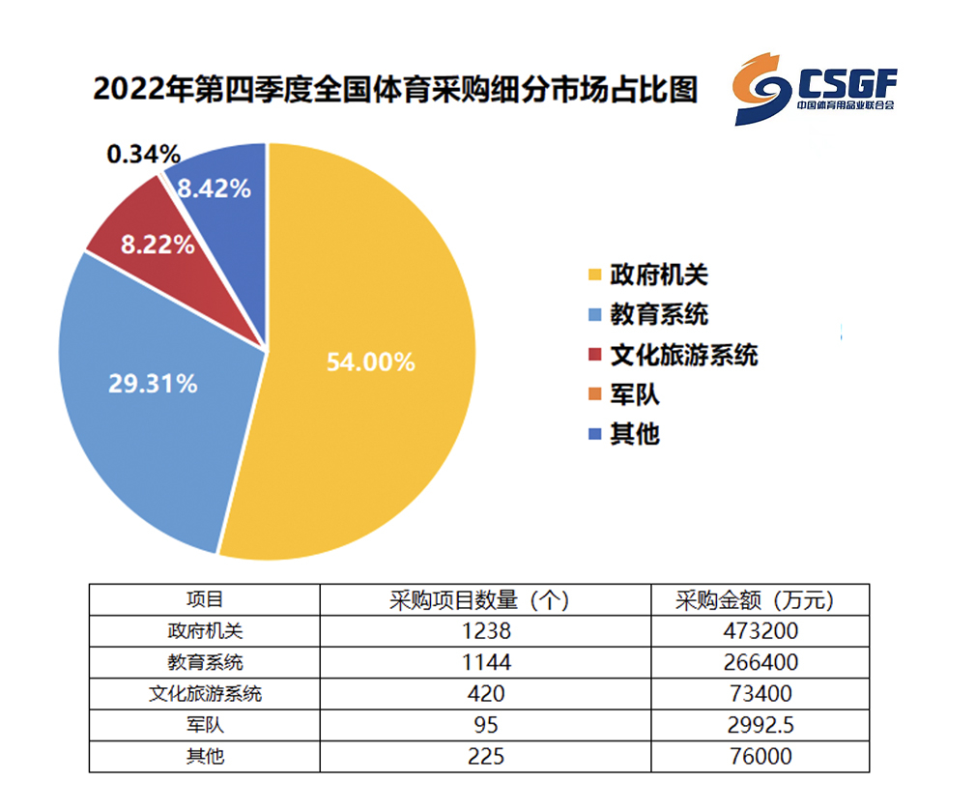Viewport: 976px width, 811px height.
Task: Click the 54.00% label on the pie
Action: [x=371, y=362]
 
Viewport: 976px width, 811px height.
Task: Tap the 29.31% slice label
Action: [x=153, y=384]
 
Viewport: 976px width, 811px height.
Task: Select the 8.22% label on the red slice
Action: [x=158, y=245]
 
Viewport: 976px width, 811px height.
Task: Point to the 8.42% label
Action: [x=215, y=188]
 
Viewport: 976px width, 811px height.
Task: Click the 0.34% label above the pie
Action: [x=144, y=154]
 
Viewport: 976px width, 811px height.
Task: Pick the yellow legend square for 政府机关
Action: [x=595, y=275]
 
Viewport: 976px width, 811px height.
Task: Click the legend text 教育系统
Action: [x=659, y=314]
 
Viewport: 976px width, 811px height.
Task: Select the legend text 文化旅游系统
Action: [x=684, y=355]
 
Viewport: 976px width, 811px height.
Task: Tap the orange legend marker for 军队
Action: [x=595, y=393]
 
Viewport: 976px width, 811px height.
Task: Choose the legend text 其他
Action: [x=635, y=434]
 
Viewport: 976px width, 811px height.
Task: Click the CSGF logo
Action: [x=815, y=89]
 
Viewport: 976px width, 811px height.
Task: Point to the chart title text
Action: [x=396, y=89]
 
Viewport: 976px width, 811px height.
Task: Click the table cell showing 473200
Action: [x=761, y=631]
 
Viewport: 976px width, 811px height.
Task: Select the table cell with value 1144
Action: [x=486, y=662]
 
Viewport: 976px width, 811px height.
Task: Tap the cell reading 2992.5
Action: [x=761, y=725]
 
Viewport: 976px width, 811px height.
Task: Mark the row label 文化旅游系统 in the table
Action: [x=205, y=693]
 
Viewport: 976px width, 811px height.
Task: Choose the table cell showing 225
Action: [x=486, y=756]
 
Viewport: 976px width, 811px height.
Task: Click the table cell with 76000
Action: [x=761, y=756]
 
